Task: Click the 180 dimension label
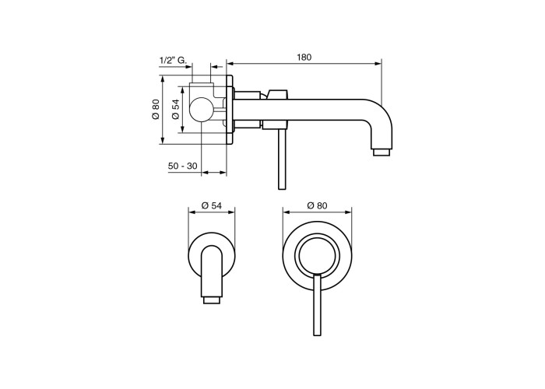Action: [x=304, y=58]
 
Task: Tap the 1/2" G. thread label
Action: [x=172, y=60]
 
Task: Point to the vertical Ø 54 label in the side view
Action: [x=176, y=110]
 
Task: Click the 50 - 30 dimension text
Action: [x=182, y=166]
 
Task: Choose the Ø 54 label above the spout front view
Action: [x=211, y=205]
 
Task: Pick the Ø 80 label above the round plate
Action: [x=317, y=205]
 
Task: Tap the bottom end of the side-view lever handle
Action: [x=282, y=187]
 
